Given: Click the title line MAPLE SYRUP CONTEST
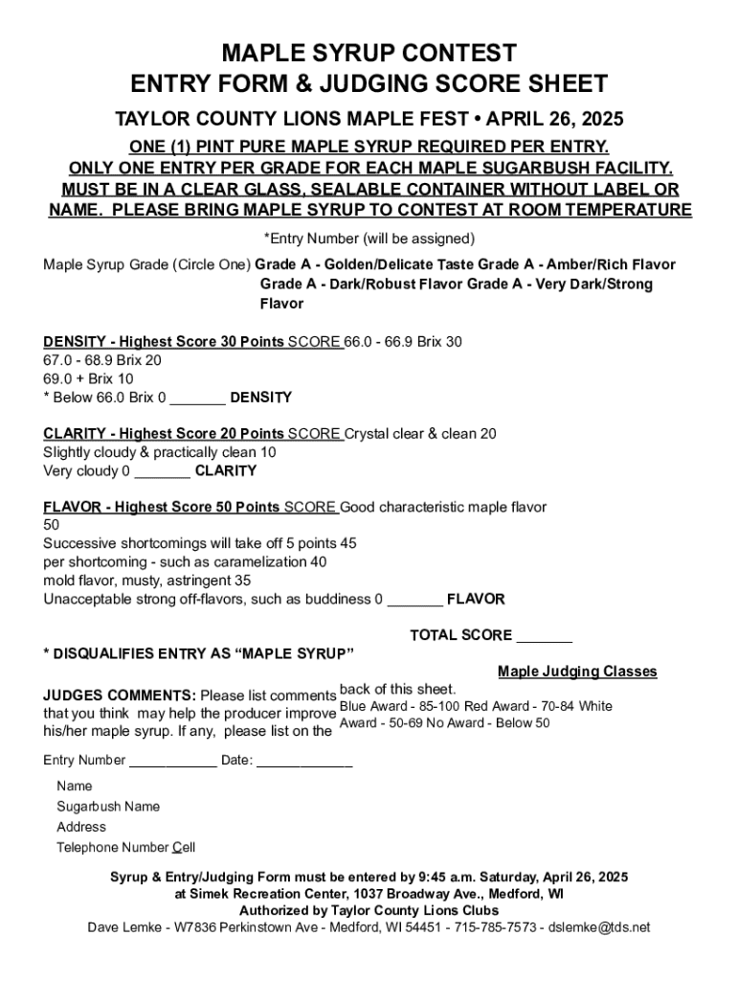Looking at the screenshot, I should pos(368,52).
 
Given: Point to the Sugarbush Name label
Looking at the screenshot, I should pos(108,807).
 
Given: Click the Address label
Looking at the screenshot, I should pos(81,827).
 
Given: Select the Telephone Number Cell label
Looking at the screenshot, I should pos(125,847).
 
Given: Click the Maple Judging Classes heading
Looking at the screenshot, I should pos(577,672).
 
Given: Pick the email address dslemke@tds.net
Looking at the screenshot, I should pos(602,927).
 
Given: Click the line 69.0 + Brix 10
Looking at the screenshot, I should pos(88,378).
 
